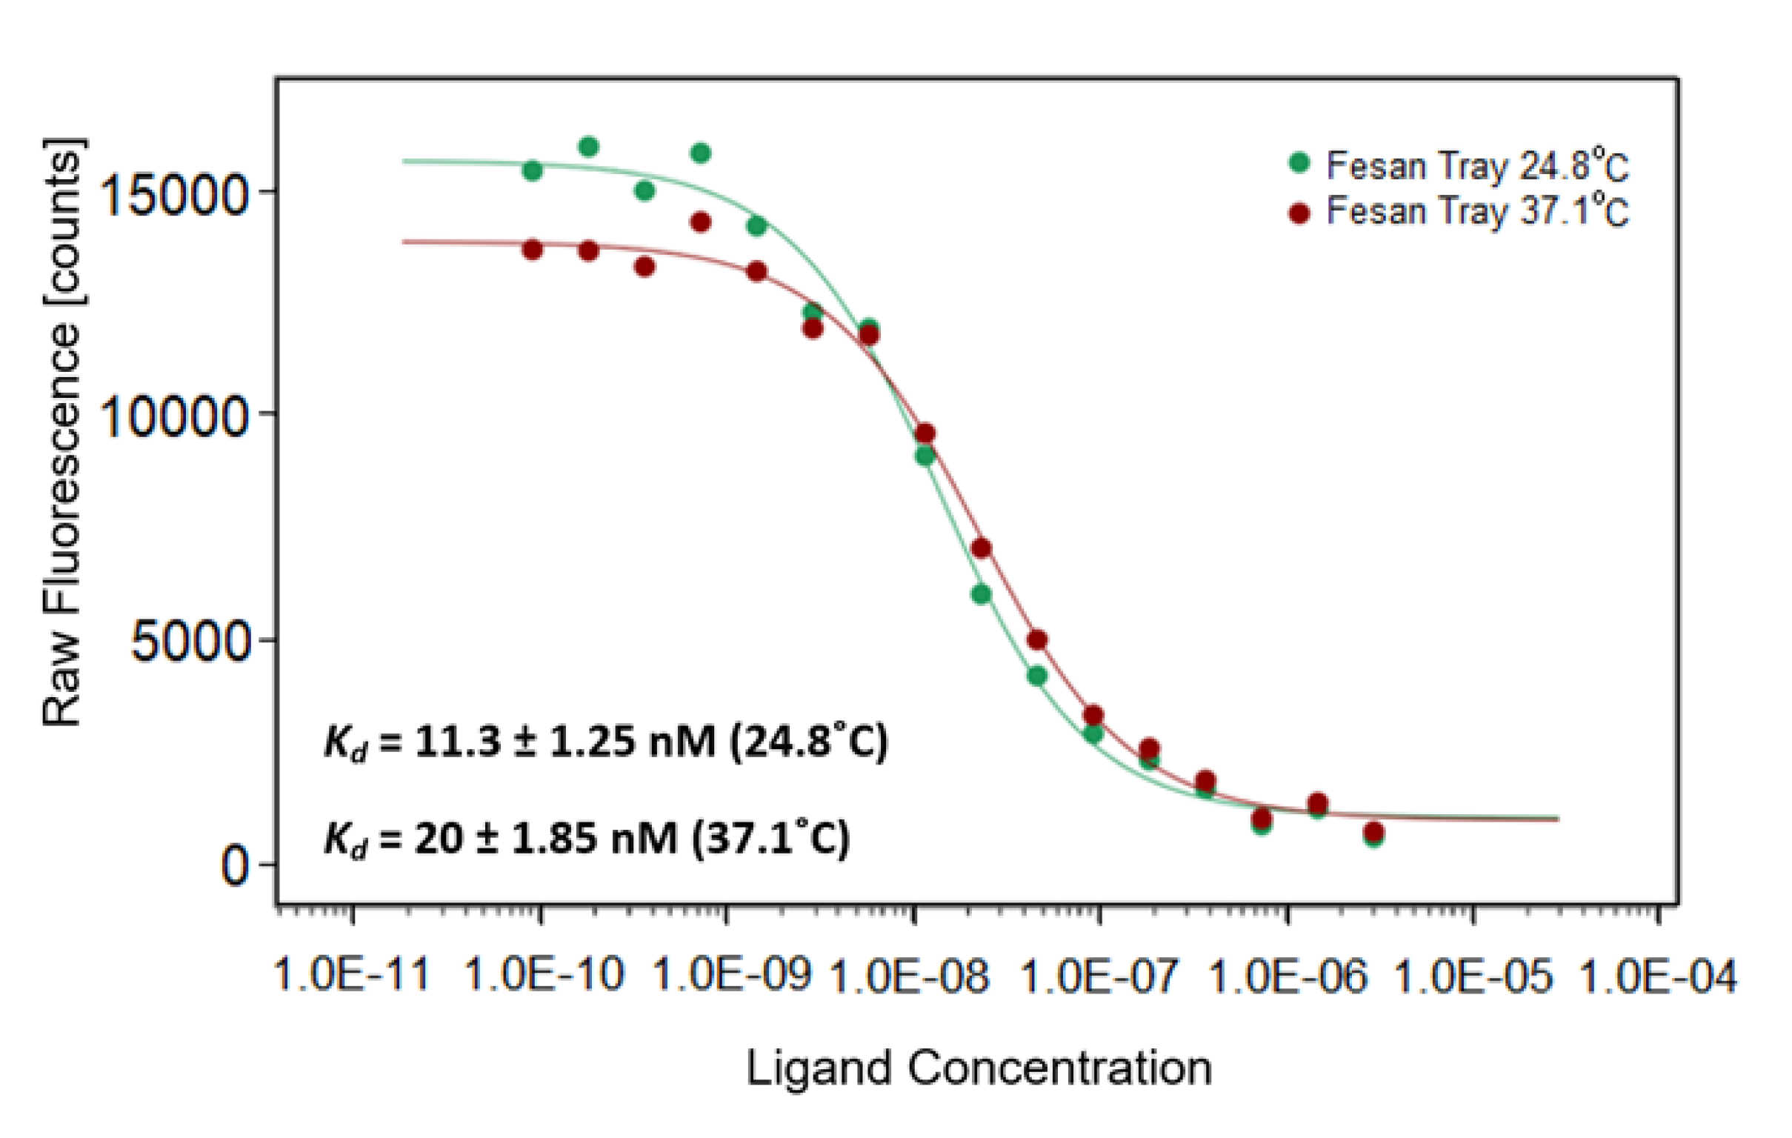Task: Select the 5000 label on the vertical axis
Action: [x=190, y=642]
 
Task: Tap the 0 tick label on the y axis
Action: [x=235, y=866]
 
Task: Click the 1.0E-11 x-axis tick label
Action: [x=352, y=974]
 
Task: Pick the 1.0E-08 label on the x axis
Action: [x=910, y=974]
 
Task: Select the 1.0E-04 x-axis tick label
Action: [x=1657, y=974]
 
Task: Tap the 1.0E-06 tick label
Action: [x=1289, y=974]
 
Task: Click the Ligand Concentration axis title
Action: [x=979, y=1069]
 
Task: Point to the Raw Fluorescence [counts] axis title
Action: [x=62, y=432]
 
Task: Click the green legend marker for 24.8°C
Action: [x=1299, y=163]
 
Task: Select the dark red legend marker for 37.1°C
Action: [x=1299, y=213]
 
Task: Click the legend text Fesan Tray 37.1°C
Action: [x=1477, y=212]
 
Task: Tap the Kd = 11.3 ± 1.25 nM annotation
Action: [x=606, y=742]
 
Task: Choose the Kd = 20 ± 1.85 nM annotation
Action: [x=587, y=839]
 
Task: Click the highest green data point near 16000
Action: [x=589, y=147]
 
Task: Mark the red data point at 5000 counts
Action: [x=1037, y=640]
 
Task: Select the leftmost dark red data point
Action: [x=533, y=250]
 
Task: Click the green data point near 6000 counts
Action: [x=981, y=594]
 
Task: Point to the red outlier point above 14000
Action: [x=700, y=222]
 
